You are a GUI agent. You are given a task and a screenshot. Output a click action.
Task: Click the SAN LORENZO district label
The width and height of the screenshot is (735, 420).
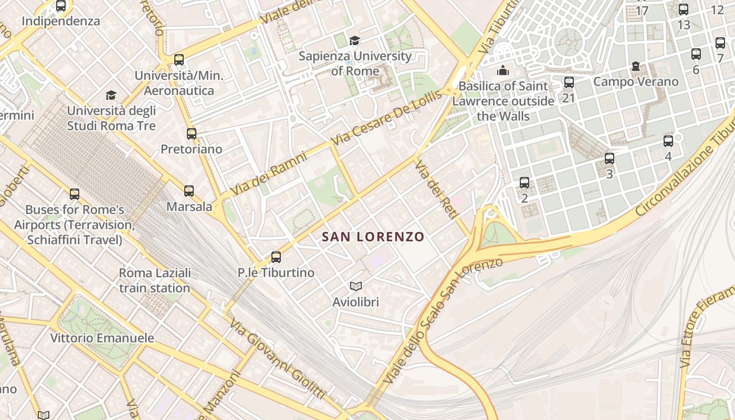[373, 237]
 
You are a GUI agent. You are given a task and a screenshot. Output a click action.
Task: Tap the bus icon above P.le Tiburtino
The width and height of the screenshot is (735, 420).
[276, 257]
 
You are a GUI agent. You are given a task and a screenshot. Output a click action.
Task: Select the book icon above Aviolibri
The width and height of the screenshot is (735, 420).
[356, 287]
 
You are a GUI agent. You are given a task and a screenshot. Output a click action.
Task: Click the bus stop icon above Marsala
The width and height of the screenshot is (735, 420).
[189, 191]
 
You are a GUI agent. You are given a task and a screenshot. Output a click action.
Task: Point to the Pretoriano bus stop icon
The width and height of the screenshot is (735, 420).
[192, 134]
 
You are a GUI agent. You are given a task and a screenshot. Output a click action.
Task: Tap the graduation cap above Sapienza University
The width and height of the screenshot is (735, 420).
[355, 40]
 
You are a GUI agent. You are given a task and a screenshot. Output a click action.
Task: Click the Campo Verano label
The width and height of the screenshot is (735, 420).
[636, 82]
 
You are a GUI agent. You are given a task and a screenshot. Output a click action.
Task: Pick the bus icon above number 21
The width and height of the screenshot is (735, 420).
[569, 82]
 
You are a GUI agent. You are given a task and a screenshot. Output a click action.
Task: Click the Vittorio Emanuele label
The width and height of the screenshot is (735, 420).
[102, 338]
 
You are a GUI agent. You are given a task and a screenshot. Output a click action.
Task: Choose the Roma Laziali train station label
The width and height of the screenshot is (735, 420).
[154, 280]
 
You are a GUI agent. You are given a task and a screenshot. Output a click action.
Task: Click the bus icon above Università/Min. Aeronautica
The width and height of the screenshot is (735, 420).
[179, 60]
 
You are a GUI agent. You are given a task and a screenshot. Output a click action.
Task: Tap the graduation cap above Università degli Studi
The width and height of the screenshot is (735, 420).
[111, 95]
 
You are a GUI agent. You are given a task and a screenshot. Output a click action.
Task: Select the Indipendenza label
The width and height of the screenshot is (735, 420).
[61, 22]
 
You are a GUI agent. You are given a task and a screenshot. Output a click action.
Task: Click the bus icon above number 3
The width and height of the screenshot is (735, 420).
[610, 159]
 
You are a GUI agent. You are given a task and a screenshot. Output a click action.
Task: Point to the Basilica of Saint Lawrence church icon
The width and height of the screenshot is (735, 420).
[503, 70]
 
